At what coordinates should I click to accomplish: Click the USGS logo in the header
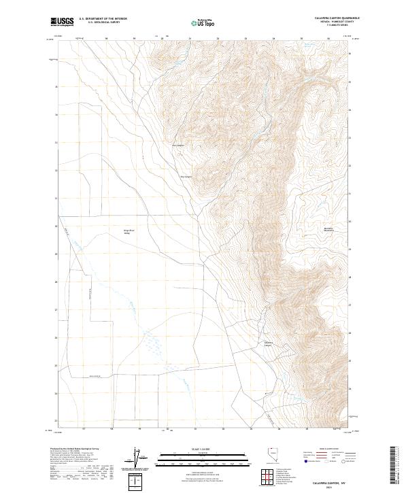pyautogui.click(x=62, y=22)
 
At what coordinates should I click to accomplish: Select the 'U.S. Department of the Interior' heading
pyautogui.click(x=103, y=18)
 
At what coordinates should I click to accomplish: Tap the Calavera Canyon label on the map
pyautogui.click(x=268, y=343)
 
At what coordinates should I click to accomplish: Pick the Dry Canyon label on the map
pyautogui.click(x=186, y=178)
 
